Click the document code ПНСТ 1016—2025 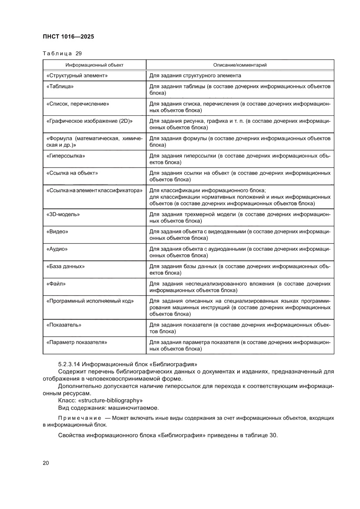tap(68, 37)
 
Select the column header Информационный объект tap(94, 65)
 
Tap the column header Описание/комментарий tap(239, 65)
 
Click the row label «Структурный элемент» tap(77, 76)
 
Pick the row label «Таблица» tap(60, 87)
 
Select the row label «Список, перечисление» tap(77, 104)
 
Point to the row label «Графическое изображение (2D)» tap(89, 121)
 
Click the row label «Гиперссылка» tap(65, 155)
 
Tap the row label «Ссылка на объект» tap(72, 173)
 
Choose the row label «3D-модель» tap(63, 214)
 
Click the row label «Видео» tap(57, 232)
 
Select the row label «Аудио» tap(57, 249)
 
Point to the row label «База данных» tap(65, 266)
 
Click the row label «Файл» tap(56, 283)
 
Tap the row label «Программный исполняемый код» tap(90, 301)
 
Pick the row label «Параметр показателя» tap(77, 342)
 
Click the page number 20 tap(46, 463)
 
